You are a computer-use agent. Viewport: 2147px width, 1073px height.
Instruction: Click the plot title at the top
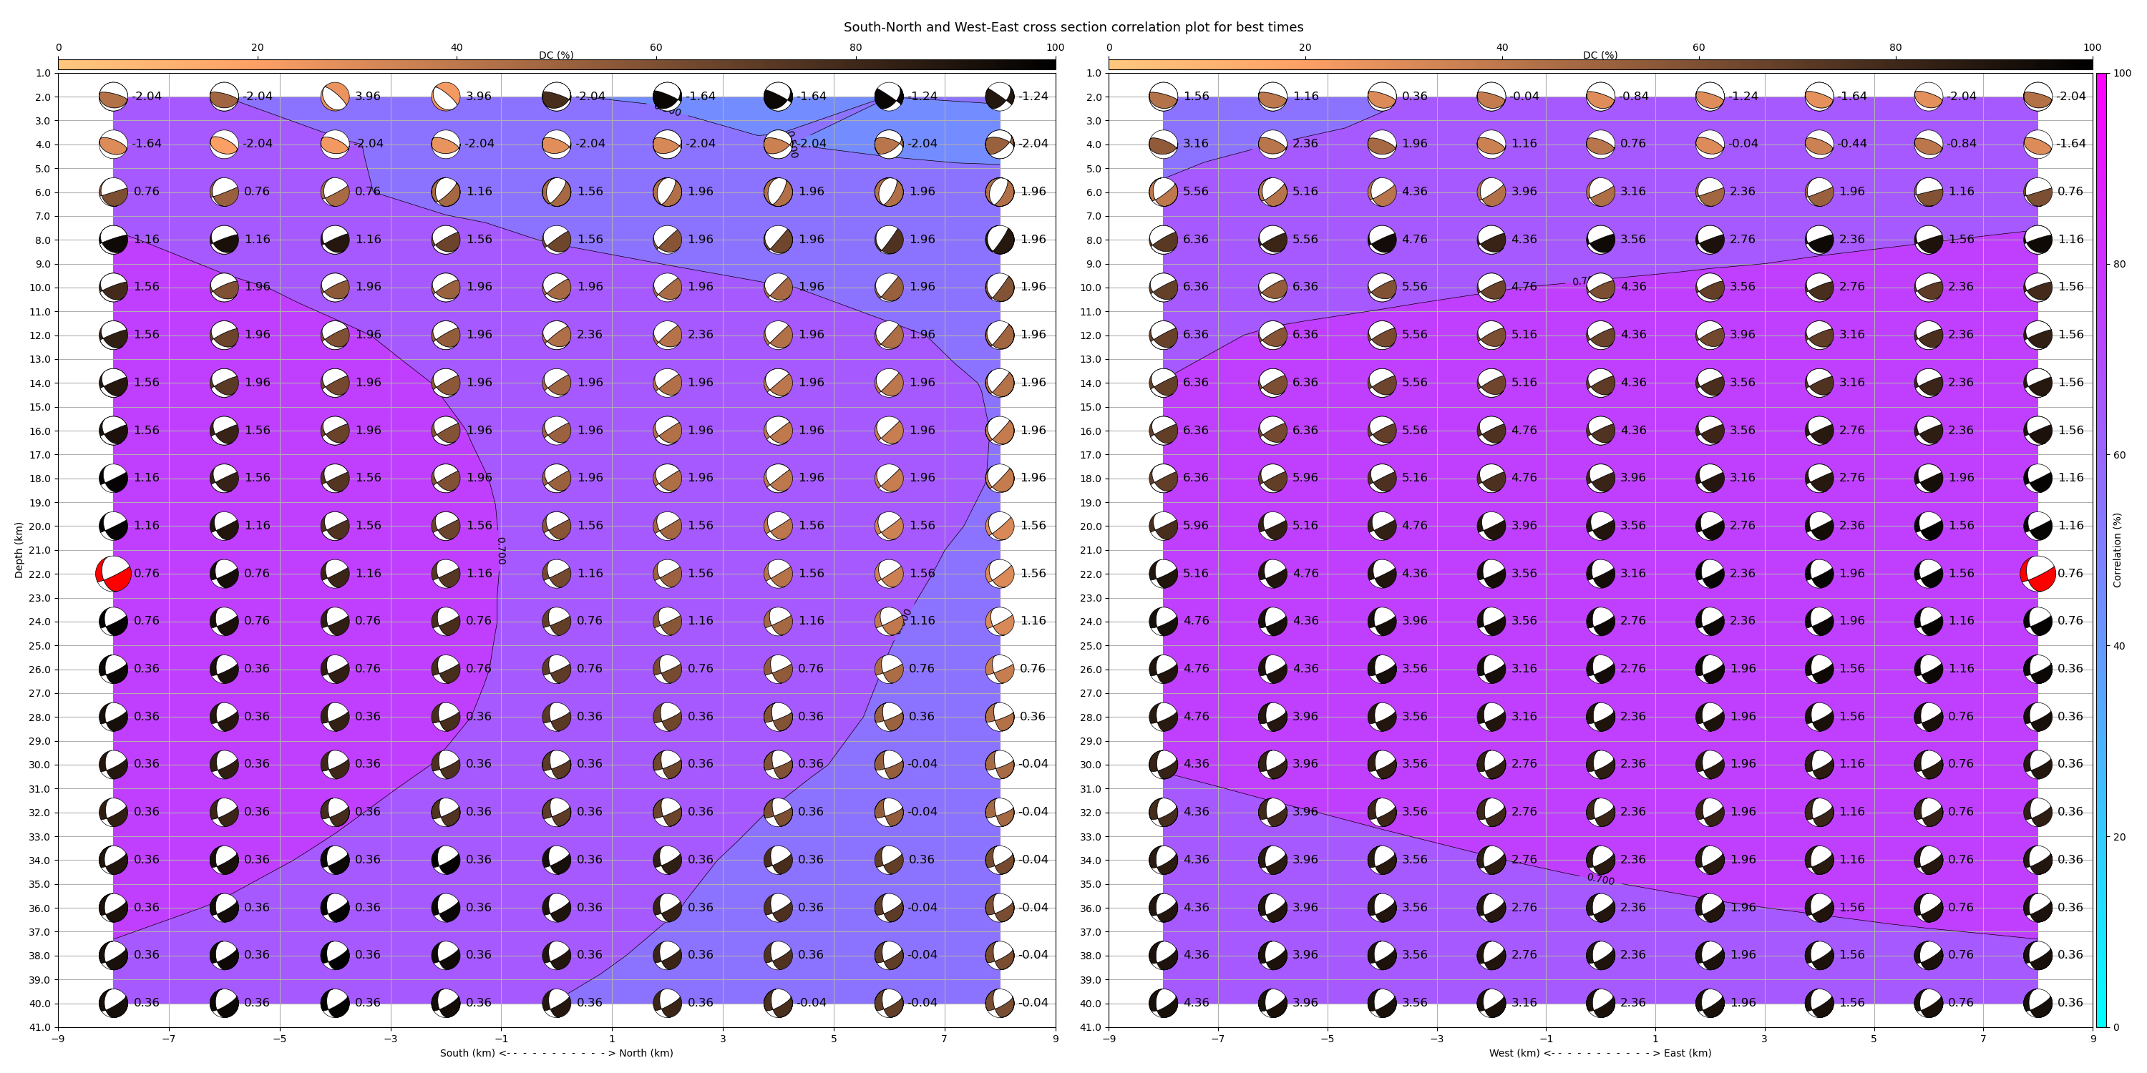click(x=1073, y=27)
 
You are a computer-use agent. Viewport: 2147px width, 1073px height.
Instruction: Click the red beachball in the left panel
click(x=113, y=574)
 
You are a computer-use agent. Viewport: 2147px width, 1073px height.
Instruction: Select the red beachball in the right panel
click(x=2038, y=574)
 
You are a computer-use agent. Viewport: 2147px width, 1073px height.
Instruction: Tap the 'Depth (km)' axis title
click(x=19, y=550)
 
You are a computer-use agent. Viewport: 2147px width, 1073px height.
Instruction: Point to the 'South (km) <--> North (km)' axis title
click(x=556, y=1053)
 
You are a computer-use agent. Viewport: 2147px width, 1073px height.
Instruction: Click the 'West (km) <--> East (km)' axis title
click(x=1600, y=1053)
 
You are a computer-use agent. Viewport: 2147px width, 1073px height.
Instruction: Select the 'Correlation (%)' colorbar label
click(x=2117, y=550)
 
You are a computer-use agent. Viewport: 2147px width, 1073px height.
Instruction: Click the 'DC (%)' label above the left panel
click(x=556, y=55)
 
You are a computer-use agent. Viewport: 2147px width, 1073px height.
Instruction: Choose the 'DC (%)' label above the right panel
click(x=1600, y=55)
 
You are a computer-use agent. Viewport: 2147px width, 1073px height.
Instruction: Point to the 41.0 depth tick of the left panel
click(x=41, y=1027)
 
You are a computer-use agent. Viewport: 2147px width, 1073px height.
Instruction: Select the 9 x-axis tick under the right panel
click(x=2093, y=1039)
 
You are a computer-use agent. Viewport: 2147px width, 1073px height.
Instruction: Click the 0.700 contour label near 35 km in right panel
click(x=1600, y=879)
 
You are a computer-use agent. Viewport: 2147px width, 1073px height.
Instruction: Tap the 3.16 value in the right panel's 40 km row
click(x=1524, y=1002)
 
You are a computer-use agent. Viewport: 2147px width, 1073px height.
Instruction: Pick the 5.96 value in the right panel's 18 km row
click(x=1305, y=477)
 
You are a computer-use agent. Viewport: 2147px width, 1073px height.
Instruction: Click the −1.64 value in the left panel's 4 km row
click(x=147, y=143)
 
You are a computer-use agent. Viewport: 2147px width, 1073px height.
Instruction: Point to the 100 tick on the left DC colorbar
click(x=1055, y=47)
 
